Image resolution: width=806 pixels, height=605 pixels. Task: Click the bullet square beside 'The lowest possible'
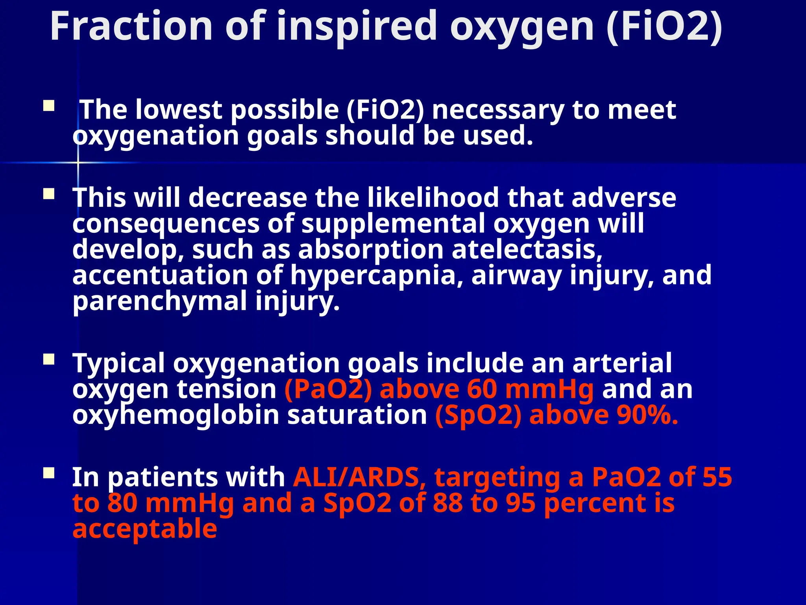pos(49,106)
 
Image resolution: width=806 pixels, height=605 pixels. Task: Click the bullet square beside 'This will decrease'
pos(49,194)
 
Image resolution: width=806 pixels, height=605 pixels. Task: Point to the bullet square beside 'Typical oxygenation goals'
pos(49,360)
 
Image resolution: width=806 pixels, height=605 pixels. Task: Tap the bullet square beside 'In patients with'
pos(49,473)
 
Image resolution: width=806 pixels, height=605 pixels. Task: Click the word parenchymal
pos(159,301)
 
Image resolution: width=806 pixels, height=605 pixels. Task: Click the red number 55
pos(717,477)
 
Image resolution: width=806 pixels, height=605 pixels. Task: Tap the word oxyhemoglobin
pos(176,415)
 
